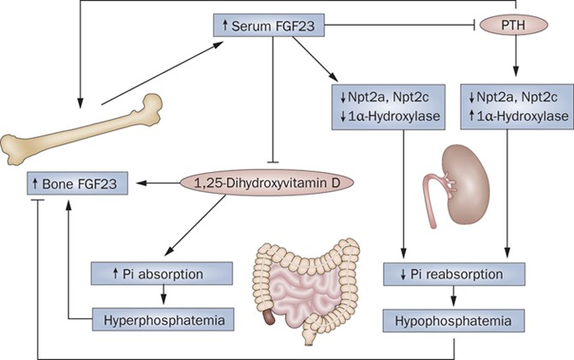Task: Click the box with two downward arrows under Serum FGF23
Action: [385, 105]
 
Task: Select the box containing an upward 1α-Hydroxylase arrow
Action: [513, 105]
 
